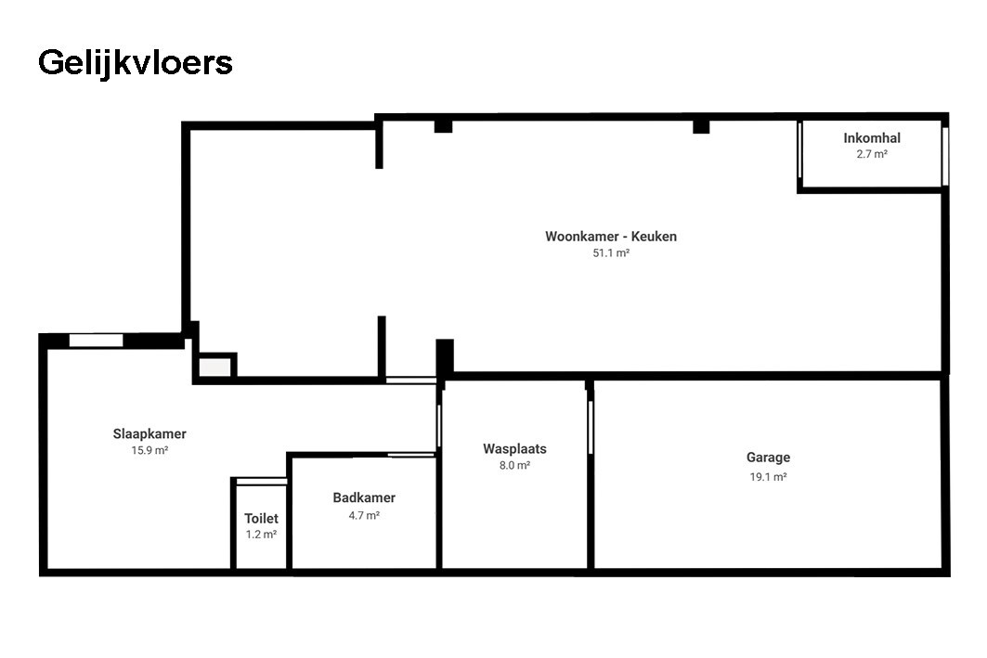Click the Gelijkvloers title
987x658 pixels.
click(135, 63)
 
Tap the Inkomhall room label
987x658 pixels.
click(871, 138)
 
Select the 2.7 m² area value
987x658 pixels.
click(871, 155)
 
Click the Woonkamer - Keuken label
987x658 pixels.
click(610, 237)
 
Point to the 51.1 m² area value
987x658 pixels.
click(610, 253)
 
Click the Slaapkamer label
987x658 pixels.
click(149, 433)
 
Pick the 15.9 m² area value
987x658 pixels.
click(149, 450)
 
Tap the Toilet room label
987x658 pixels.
click(261, 519)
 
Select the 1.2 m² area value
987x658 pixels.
click(261, 535)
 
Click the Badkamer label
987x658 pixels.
click(364, 498)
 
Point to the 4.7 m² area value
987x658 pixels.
click(364, 515)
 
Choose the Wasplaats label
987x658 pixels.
click(514, 449)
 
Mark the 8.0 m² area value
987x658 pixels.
click(514, 466)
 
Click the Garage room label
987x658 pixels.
click(768, 458)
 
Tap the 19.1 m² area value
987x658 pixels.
click(768, 477)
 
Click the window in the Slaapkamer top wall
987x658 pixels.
click(96, 341)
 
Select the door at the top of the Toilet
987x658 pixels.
click(261, 481)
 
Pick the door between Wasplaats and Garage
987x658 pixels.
click(590, 427)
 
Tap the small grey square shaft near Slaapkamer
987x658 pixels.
click(214, 367)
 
